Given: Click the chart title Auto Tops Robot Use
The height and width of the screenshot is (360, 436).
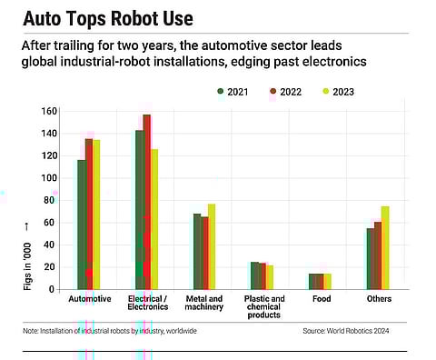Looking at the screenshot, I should tap(107, 19).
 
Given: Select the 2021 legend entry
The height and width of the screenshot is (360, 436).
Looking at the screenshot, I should tap(237, 92).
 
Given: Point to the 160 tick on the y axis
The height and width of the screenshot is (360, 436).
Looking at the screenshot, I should tap(48, 111).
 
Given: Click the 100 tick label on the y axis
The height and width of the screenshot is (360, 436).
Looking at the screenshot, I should tap(48, 178).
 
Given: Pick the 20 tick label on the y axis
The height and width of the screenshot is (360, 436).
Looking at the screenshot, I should tap(51, 267).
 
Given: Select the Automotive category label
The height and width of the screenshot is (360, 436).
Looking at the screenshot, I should tap(89, 299).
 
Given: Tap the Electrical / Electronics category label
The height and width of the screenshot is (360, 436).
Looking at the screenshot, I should tap(147, 304).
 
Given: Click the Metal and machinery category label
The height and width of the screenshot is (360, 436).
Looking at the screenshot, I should tap(204, 304).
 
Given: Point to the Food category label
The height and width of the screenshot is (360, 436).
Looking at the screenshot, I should tap(321, 299).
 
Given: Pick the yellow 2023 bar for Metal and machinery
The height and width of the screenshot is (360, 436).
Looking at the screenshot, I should tap(212, 246).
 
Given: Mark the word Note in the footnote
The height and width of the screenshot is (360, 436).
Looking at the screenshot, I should tap(32, 331).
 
